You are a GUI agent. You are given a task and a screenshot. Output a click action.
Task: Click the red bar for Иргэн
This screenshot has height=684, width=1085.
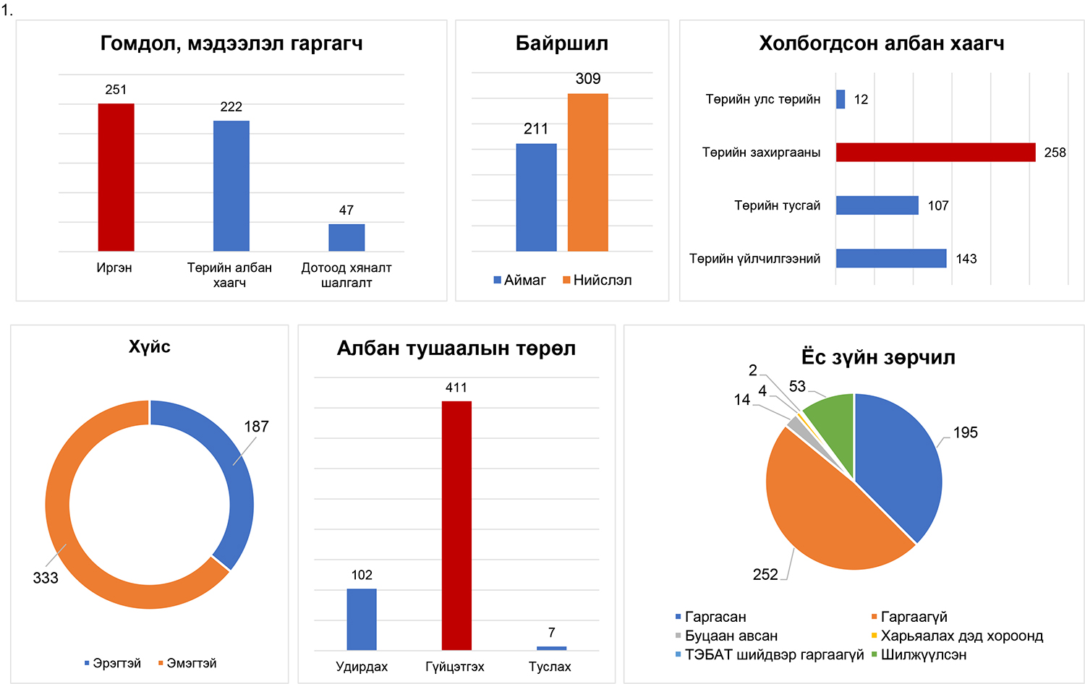click(x=116, y=177)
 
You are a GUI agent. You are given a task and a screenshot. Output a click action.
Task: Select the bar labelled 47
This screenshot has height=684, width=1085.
click(x=346, y=237)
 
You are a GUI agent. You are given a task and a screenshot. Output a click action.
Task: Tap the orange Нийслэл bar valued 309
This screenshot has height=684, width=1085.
click(x=587, y=172)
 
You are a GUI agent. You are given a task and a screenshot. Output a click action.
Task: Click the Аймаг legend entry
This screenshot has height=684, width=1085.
click(x=519, y=281)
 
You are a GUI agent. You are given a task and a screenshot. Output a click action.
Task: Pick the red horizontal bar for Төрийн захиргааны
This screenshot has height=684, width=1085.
click(x=935, y=152)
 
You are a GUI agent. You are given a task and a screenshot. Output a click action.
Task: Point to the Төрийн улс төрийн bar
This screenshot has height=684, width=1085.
click(x=841, y=99)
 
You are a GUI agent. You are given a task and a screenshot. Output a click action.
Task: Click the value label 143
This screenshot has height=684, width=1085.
click(x=966, y=259)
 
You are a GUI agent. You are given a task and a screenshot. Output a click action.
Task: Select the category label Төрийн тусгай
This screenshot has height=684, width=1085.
click(x=777, y=205)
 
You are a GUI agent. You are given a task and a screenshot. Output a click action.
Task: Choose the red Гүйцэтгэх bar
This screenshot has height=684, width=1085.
click(x=456, y=525)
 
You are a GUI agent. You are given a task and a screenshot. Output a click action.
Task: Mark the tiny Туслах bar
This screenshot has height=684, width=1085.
click(x=551, y=648)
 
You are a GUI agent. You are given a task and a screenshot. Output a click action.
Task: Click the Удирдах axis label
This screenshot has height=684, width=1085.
click(x=362, y=667)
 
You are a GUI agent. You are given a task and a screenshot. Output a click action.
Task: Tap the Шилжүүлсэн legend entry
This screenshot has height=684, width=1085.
click(x=919, y=655)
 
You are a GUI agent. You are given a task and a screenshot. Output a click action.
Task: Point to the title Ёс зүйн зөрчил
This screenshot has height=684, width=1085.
click(x=878, y=357)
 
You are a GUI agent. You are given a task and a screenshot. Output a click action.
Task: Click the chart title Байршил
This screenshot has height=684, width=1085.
click(x=561, y=43)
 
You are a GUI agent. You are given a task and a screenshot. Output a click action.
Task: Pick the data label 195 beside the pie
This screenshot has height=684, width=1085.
click(x=965, y=432)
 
